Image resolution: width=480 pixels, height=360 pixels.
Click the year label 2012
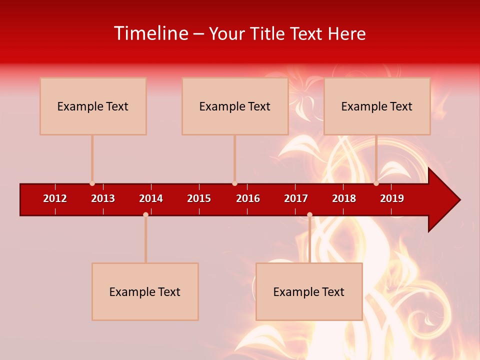click(55, 198)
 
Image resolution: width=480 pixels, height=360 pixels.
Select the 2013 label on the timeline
click(103, 198)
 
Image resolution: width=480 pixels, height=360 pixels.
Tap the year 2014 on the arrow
click(151, 198)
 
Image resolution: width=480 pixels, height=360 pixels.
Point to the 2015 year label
click(199, 198)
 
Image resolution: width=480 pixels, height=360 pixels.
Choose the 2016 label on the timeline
click(248, 198)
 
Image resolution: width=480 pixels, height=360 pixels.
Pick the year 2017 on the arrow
click(296, 198)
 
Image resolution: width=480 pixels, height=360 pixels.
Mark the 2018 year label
click(344, 198)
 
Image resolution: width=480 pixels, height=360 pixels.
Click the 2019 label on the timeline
click(392, 198)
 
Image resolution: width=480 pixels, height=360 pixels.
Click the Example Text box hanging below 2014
click(145, 291)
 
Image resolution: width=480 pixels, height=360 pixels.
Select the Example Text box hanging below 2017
click(309, 291)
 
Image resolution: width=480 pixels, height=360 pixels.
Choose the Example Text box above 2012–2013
click(93, 106)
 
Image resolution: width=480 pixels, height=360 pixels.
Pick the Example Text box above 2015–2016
click(235, 106)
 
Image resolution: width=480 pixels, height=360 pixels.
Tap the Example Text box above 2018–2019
click(377, 106)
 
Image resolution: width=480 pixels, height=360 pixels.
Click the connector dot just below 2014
click(145, 214)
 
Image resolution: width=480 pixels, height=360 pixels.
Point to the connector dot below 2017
click(309, 214)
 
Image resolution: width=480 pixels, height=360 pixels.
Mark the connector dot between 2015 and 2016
click(234, 183)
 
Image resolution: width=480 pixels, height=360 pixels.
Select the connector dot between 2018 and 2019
click(376, 183)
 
